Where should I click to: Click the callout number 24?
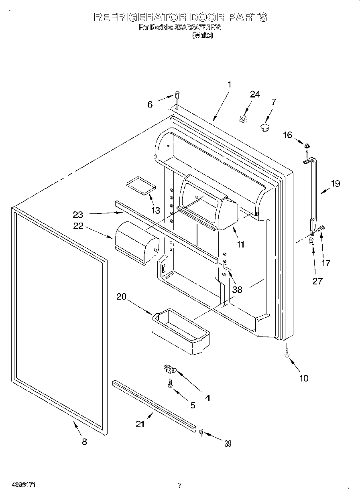tap(255, 94)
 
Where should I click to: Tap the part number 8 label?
tap(84, 442)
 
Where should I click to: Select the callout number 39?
tap(228, 443)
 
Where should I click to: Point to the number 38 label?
tap(237, 289)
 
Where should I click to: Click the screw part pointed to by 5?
tap(170, 384)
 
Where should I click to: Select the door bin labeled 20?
tap(180, 331)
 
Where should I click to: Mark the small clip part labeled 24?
tap(243, 118)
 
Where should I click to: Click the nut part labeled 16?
tap(307, 146)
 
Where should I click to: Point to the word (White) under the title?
tap(203, 35)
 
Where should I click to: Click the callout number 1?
tap(229, 85)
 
